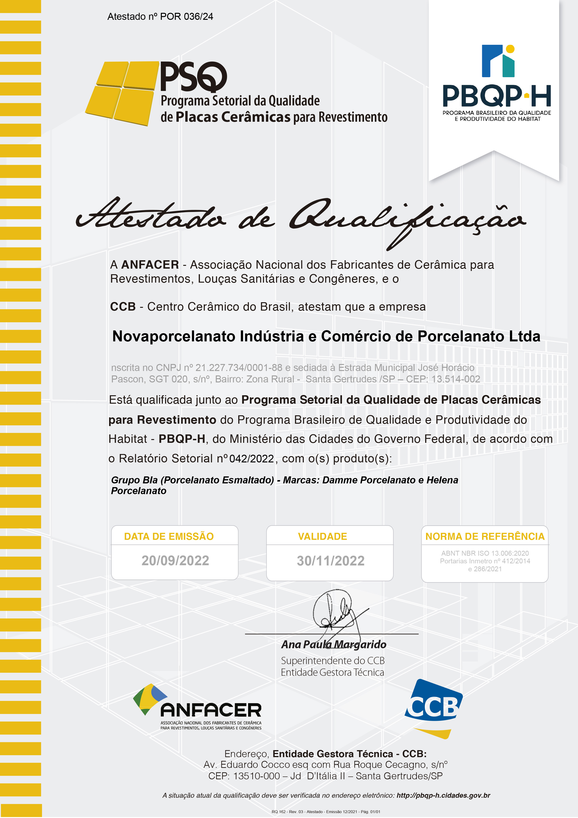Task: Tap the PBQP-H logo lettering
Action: pyautogui.click(x=496, y=96)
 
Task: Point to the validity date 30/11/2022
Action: pyautogui.click(x=330, y=561)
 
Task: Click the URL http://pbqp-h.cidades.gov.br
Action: pyautogui.click(x=443, y=795)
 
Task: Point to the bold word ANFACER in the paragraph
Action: pyautogui.click(x=150, y=265)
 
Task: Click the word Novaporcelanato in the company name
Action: pyautogui.click(x=173, y=336)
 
